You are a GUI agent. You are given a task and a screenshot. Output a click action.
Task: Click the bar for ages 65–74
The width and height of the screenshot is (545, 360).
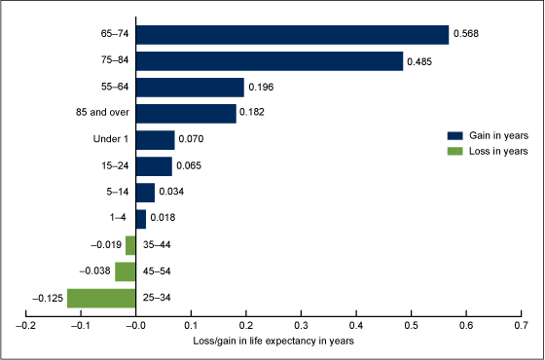pos(292,35)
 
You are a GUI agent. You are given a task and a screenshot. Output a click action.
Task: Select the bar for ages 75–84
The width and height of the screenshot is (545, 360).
pos(270,61)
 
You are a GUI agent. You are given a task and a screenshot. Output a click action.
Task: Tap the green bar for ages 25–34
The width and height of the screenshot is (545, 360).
pos(101,298)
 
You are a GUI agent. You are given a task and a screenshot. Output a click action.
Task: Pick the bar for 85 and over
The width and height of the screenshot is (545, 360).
pos(186,114)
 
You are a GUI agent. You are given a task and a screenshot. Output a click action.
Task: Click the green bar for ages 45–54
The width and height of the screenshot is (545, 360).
pos(126,271)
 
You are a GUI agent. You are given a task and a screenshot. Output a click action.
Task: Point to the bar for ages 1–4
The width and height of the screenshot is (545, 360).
pos(141,219)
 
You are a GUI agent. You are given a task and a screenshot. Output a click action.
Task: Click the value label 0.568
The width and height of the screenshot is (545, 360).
pos(466,34)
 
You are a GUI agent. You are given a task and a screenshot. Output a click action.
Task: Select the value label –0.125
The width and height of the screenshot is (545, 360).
pos(48,298)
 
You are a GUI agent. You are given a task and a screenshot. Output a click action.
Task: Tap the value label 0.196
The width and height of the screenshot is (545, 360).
pos(261,87)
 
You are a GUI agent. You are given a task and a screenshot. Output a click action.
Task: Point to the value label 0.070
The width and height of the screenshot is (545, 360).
pos(191,139)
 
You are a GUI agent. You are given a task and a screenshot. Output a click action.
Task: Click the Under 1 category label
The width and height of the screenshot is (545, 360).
pos(111,139)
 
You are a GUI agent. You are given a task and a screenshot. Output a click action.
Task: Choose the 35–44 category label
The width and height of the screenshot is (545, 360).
pos(157,245)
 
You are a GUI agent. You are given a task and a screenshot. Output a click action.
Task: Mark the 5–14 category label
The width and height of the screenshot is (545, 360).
pos(118,192)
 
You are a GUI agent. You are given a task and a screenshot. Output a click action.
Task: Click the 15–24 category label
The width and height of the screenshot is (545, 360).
pos(115,165)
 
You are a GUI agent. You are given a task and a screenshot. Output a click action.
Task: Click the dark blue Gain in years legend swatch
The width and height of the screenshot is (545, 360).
pos(455,135)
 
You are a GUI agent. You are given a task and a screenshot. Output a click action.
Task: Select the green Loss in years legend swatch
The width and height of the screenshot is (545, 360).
pos(455,151)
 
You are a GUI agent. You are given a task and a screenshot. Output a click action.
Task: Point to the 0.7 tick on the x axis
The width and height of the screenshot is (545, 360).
pos(521,314)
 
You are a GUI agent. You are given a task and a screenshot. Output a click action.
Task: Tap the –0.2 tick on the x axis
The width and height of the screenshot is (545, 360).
pos(26,314)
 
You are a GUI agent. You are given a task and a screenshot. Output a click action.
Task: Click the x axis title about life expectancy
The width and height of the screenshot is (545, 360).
pos(273,342)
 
